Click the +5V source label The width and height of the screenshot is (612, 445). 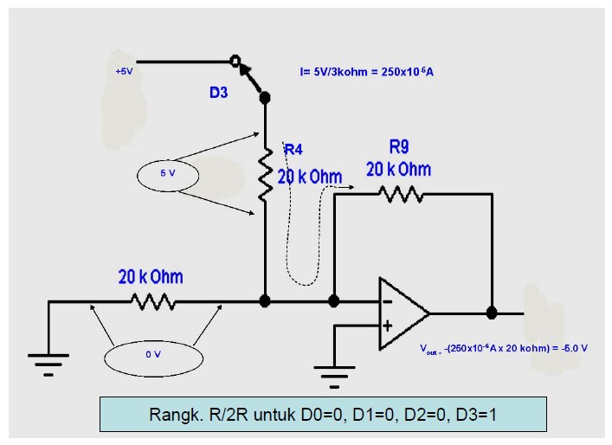point(124,71)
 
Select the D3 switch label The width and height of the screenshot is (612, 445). point(218,92)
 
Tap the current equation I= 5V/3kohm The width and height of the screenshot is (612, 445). point(366,72)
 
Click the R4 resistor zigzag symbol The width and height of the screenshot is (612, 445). point(266,173)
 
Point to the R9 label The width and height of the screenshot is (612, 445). point(399,146)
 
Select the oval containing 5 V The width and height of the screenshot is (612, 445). point(168,174)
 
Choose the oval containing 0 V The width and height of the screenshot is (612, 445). point(152,354)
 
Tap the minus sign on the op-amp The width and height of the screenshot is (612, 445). point(386,302)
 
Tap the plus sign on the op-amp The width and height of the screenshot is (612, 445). point(386,326)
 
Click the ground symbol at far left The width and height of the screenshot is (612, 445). point(48,362)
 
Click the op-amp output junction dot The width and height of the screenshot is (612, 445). point(492,313)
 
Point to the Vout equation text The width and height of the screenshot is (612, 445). point(503,348)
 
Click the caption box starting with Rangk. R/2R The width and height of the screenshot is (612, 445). point(323,414)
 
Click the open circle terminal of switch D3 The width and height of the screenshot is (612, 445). point(235,62)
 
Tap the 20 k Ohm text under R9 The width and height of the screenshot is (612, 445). point(398,168)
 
